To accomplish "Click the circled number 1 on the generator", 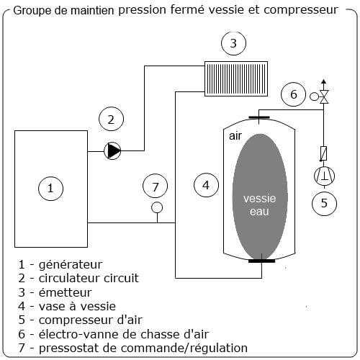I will (x=50, y=189).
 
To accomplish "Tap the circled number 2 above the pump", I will (x=111, y=119).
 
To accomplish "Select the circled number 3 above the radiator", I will (x=233, y=45).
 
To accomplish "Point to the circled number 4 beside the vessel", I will (x=207, y=185).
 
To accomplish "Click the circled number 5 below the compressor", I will (x=324, y=202).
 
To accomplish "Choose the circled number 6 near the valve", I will (x=293, y=94).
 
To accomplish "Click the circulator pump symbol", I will (x=113, y=150).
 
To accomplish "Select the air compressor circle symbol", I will (x=323, y=176).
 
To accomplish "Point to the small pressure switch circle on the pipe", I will (x=156, y=210).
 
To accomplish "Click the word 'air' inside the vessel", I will (x=235, y=135).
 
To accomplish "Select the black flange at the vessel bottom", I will (x=258, y=261).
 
